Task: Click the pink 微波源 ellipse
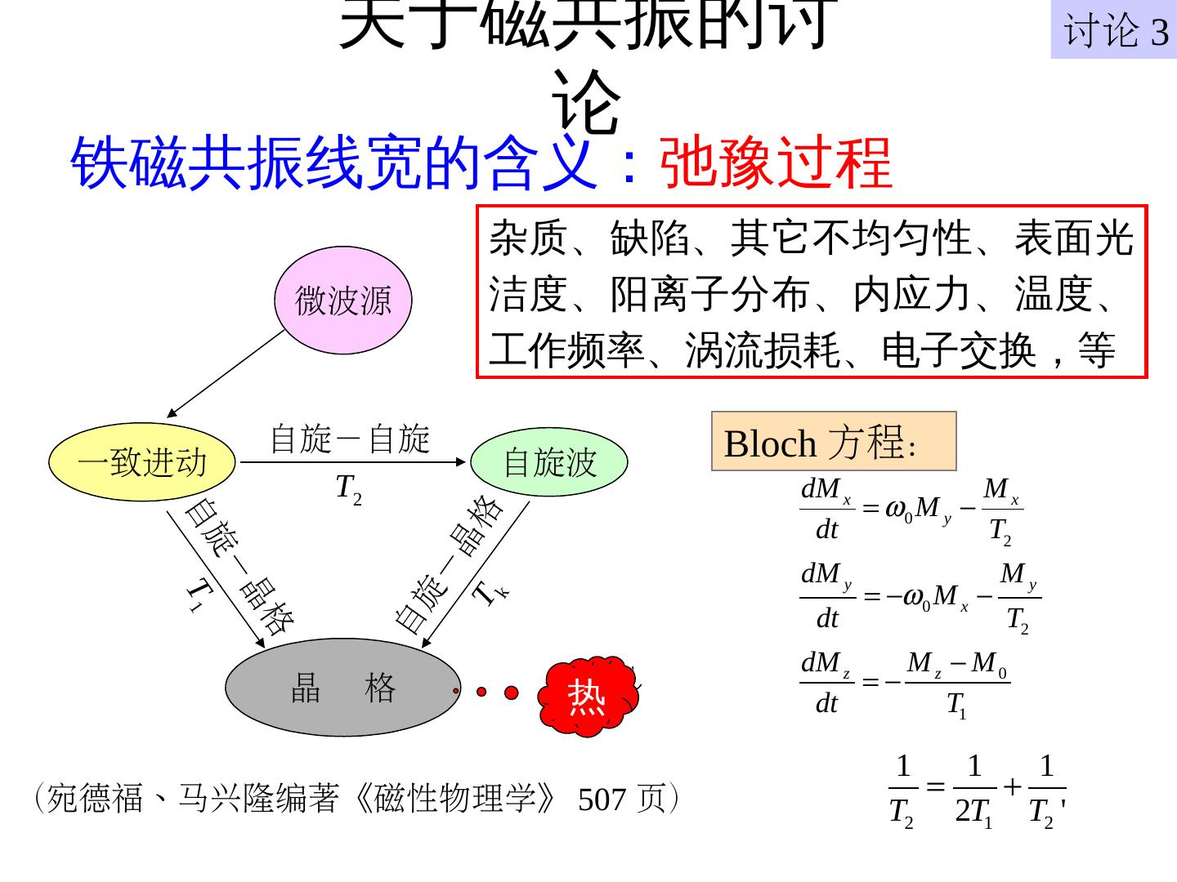coord(343,301)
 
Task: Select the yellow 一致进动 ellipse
coord(142,462)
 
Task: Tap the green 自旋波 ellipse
coord(549,462)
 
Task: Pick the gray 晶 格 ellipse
coord(342,688)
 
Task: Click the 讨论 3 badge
coord(1113,31)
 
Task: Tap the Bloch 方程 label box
coord(834,442)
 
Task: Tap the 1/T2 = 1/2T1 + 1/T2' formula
coord(978,790)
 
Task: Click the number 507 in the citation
coord(602,800)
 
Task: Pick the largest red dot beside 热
coord(512,693)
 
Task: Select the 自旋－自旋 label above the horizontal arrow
coord(350,439)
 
